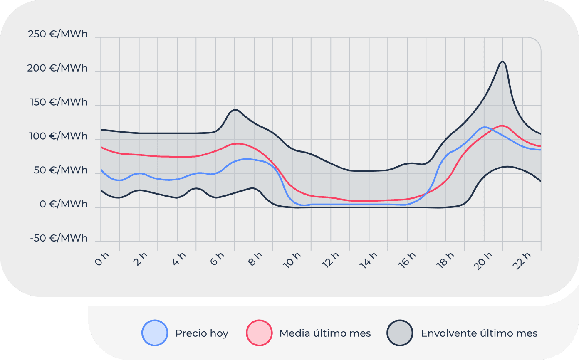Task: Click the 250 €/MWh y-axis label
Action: (x=58, y=34)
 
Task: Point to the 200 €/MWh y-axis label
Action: (x=57, y=68)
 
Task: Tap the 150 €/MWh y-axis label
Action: (x=59, y=102)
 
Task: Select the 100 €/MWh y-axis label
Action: (x=59, y=136)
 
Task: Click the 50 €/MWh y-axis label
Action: (x=61, y=170)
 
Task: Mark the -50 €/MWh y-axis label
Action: (x=59, y=239)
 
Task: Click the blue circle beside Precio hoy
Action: (x=155, y=333)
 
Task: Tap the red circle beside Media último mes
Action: (x=259, y=333)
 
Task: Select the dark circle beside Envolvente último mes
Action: (x=400, y=333)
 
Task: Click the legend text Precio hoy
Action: (x=202, y=333)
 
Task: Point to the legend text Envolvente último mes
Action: (x=479, y=333)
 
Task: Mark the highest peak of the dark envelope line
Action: (x=502, y=62)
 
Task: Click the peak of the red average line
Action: (x=502, y=126)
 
